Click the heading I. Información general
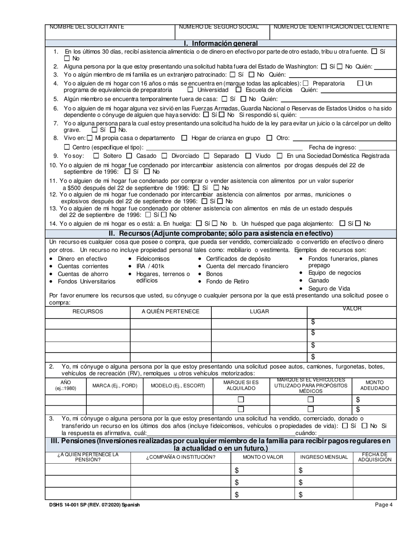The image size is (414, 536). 221,43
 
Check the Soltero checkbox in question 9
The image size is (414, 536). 96,156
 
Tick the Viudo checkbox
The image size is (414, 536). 248,156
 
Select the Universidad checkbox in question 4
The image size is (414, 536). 190,90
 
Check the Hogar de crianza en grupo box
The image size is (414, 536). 184,138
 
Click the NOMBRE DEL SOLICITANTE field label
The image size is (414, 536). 87,27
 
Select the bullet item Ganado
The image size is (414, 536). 319,281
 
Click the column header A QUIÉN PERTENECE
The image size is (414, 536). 170,312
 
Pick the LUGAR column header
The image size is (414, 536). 259,312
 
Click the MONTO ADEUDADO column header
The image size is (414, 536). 374,385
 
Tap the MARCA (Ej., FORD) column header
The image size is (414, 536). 115,386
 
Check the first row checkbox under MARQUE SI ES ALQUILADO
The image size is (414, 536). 241,400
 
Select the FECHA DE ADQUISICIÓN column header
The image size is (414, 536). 374,457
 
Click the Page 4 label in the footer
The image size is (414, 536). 384,505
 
